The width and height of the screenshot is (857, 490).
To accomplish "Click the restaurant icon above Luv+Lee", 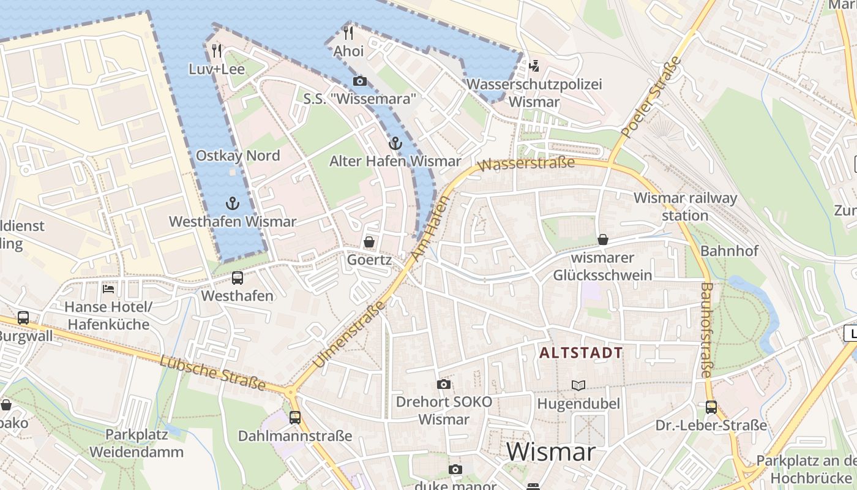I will pos(216,50).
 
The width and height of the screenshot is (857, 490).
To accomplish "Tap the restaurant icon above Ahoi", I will pos(348,32).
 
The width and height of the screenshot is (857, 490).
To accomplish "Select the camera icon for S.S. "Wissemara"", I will pos(360,81).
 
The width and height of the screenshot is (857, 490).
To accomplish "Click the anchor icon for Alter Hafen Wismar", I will pos(395,144).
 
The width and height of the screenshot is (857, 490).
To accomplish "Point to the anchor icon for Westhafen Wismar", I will pos(232,203).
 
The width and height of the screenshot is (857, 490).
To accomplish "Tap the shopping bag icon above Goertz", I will pos(369,242).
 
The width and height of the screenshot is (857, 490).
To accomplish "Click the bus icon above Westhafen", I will pos(238,278).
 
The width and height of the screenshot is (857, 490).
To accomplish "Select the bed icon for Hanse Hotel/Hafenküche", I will pos(108,288).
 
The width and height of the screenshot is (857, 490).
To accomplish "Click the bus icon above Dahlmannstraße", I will pos(295,418).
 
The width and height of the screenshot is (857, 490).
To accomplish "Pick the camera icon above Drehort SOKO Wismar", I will pos(444,384).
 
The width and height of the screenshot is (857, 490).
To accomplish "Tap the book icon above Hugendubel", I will pos(578,385).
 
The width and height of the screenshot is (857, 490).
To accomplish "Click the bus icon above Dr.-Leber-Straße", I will pos(711,407).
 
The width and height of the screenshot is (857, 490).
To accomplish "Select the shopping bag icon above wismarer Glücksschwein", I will pos(603,239).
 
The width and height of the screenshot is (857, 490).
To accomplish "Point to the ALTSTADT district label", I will pos(581,353).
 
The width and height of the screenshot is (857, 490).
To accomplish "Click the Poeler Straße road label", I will pos(651,97).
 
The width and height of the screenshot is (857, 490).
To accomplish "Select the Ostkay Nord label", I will pos(238,156).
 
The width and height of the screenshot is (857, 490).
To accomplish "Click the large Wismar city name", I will pos(551,452).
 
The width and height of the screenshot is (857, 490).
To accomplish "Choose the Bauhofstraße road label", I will pos(706,330).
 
